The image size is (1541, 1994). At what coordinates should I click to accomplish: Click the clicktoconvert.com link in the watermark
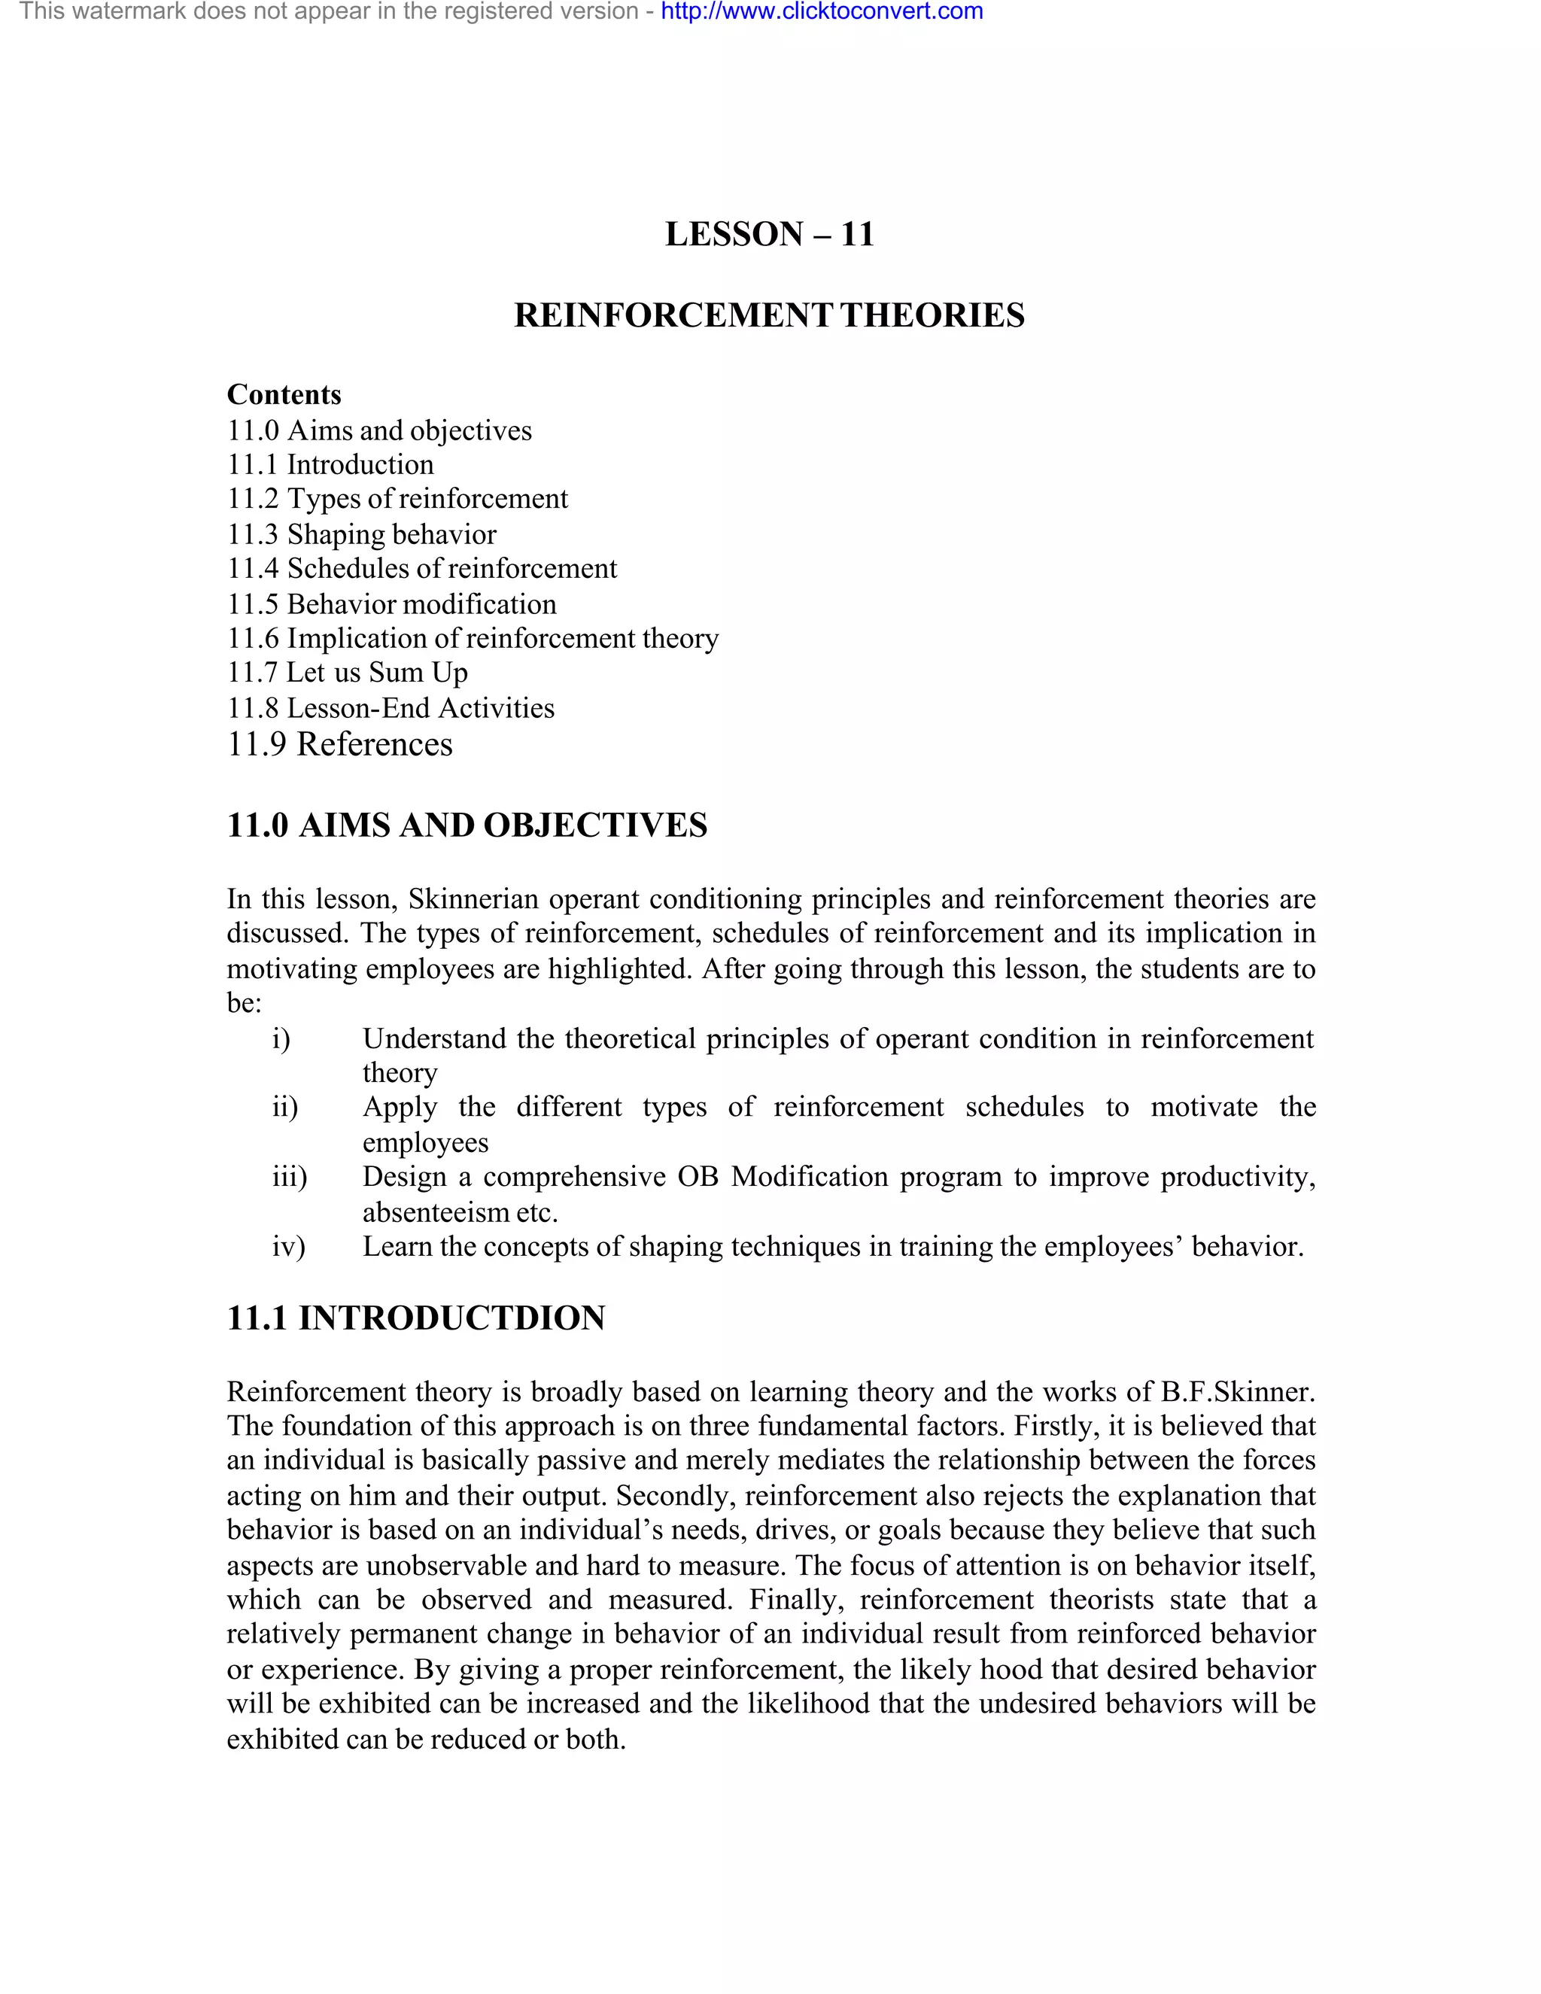822,12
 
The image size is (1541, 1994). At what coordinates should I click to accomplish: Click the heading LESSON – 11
770,234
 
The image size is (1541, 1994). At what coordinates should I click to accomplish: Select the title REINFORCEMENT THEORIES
770,315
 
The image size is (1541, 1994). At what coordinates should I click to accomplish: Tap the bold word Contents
284,394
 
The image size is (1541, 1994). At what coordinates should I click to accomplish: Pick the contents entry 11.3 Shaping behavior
361,534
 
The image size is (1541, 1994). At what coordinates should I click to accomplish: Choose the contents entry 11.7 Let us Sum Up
347,673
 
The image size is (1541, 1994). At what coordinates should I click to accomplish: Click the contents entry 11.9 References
339,744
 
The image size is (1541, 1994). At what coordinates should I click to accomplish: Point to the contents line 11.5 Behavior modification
391,604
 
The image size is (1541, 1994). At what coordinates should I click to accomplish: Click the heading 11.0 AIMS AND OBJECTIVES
467,825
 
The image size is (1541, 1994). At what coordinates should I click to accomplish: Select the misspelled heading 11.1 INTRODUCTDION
415,1318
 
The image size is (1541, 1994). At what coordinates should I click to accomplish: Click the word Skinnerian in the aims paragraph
474,899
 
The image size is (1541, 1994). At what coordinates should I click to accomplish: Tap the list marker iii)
290,1177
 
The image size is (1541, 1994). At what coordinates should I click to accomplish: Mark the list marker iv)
288,1246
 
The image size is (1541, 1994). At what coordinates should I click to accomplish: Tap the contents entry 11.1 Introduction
330,465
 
